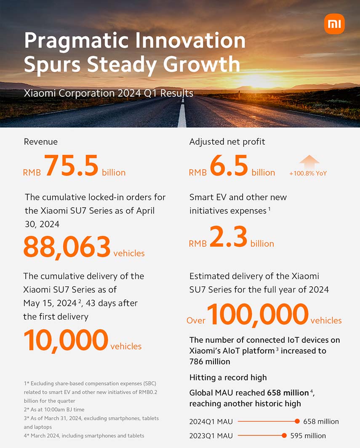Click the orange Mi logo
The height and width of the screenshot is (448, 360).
[334, 24]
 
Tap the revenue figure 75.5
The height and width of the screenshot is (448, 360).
[71, 166]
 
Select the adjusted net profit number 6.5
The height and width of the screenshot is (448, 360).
[229, 166]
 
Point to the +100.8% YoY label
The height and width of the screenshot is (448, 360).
[308, 173]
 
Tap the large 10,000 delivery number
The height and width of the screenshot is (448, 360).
[66, 340]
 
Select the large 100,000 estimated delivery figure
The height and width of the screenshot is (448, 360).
[258, 314]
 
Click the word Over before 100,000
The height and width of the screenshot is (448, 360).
[196, 321]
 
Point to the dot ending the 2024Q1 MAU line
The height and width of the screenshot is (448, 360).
[297, 421]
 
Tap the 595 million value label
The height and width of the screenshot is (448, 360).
[308, 436]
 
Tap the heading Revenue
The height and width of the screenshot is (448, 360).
[41, 141]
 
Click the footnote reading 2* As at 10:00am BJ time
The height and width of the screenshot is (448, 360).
[55, 409]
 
